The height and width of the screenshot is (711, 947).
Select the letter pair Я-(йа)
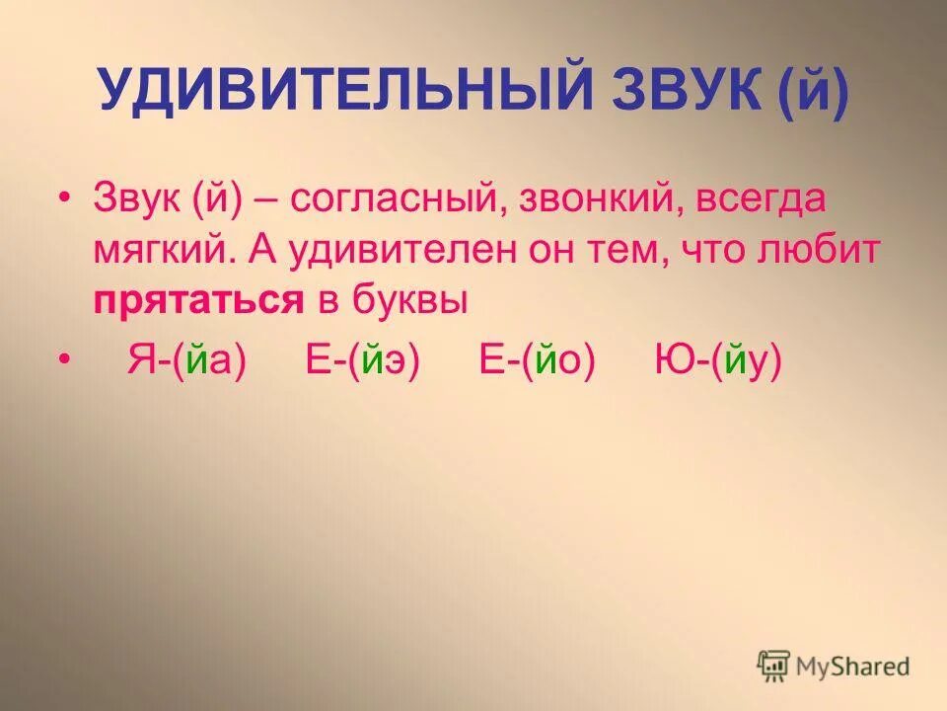(x=184, y=360)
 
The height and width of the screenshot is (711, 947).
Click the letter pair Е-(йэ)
(x=362, y=360)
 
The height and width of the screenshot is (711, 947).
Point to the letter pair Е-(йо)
(x=538, y=360)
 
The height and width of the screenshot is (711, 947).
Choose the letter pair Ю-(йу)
(x=717, y=360)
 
